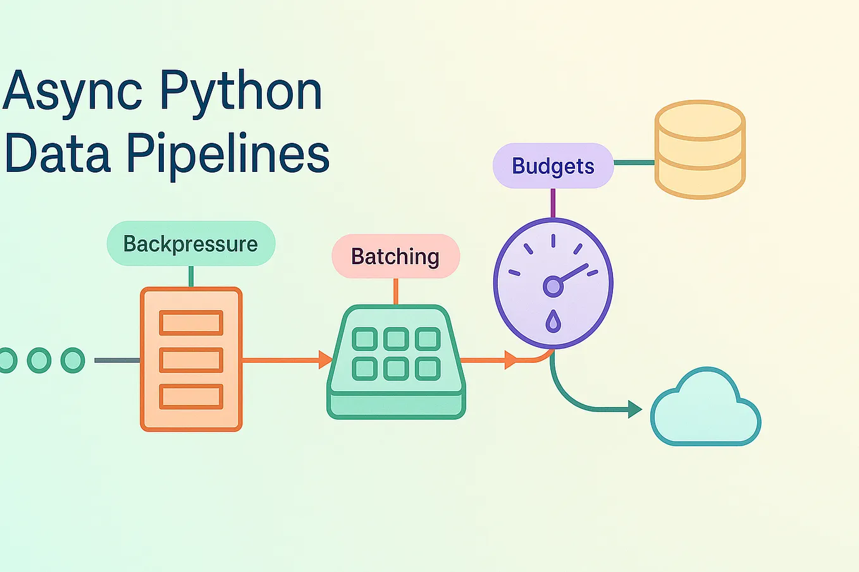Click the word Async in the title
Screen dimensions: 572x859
(x=73, y=92)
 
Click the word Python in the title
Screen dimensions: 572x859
(x=241, y=92)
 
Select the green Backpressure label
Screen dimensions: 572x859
(x=190, y=243)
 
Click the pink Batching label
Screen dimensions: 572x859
(x=395, y=256)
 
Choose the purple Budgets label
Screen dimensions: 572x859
(x=553, y=166)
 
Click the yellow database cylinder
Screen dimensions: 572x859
(x=700, y=149)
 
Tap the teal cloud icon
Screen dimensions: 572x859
(x=705, y=410)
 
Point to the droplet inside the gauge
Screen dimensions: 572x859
(x=553, y=321)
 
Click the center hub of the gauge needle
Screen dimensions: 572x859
(x=553, y=286)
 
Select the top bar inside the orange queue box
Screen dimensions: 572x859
(x=191, y=322)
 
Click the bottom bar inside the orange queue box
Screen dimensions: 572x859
(x=191, y=397)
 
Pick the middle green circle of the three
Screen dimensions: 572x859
(x=39, y=360)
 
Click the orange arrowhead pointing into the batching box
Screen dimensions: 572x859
(x=325, y=360)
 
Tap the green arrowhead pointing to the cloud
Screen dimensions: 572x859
(x=634, y=410)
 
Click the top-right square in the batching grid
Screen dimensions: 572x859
(x=428, y=339)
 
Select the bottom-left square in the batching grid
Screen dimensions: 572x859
(x=364, y=368)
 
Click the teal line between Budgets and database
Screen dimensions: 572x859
(x=634, y=162)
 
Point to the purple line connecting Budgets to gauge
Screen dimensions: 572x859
(x=553, y=203)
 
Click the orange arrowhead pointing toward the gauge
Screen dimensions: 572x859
(x=510, y=360)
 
